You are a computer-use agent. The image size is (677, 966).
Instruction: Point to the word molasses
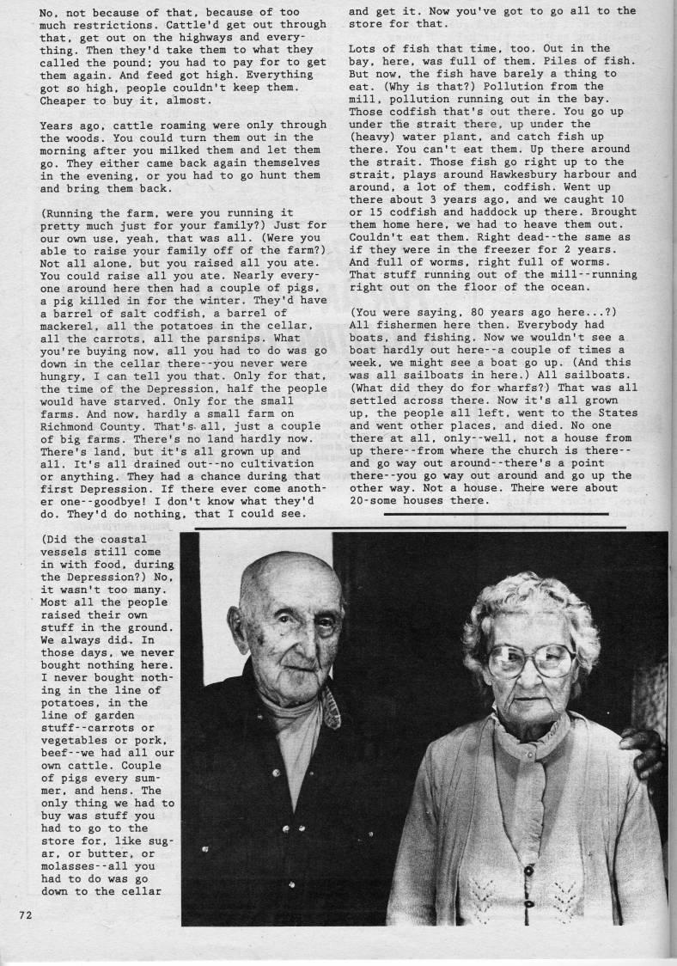click(72, 865)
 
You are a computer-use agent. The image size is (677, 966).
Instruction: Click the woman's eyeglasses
click(531, 659)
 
